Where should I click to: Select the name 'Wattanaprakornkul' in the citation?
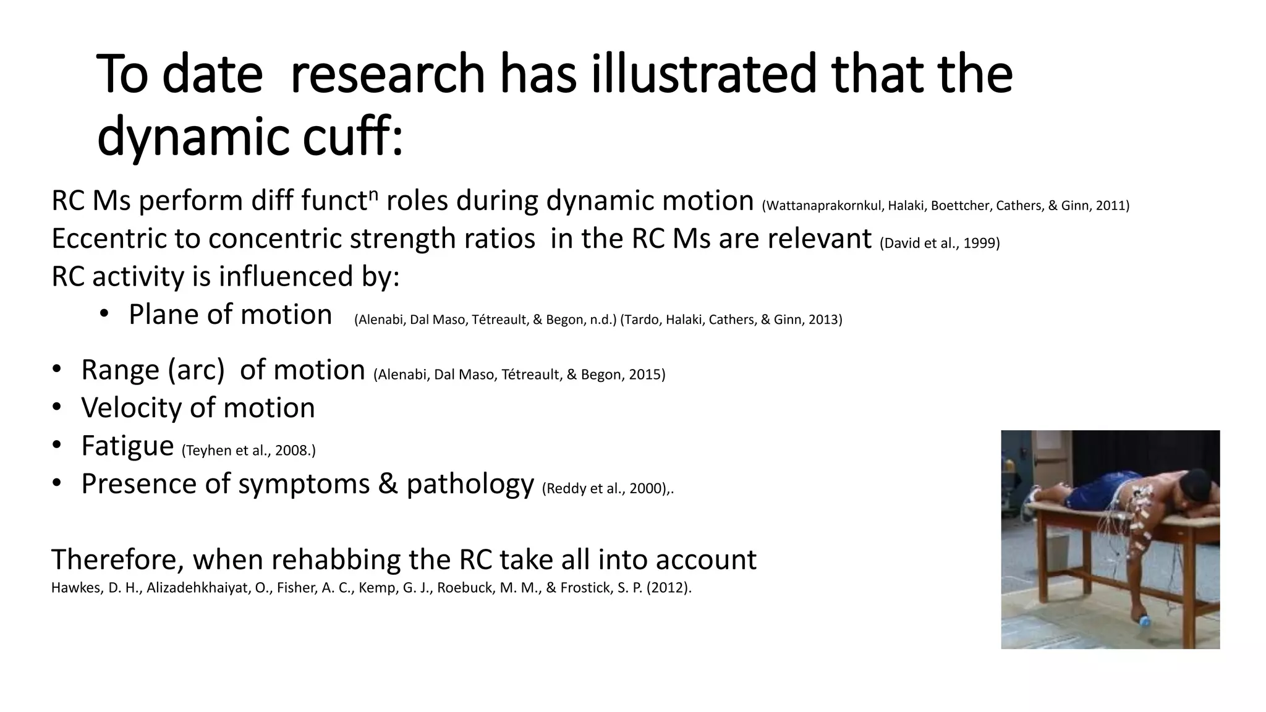(823, 206)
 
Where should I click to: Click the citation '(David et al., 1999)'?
(940, 243)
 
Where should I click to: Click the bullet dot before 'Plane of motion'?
(104, 314)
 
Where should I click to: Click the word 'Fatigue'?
(127, 446)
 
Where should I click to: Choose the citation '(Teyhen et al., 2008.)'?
(249, 451)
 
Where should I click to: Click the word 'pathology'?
(470, 484)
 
